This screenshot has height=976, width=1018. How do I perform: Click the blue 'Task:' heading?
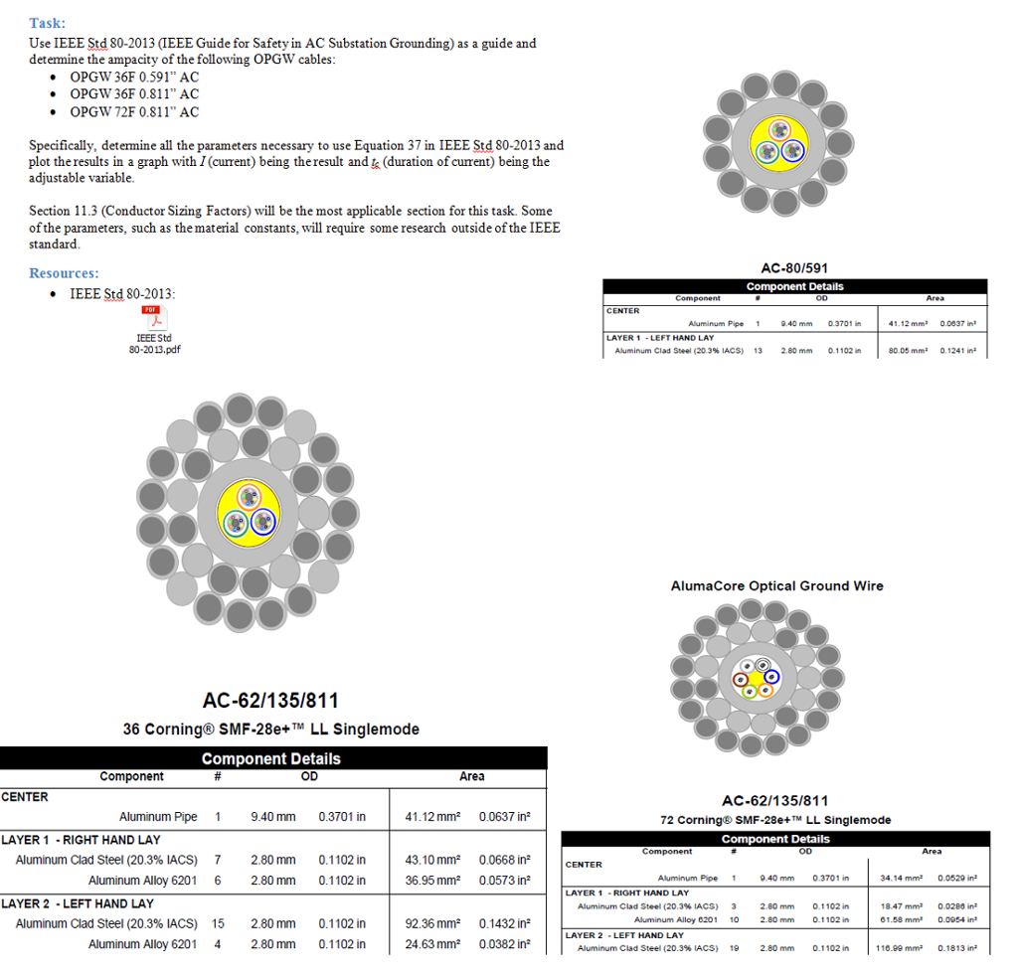49,22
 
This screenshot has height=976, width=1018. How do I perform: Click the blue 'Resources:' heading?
64,272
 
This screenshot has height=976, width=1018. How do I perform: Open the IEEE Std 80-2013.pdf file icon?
154,319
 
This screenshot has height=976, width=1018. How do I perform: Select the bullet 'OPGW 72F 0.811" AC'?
134,112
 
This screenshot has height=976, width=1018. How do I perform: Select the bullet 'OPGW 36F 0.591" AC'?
134,77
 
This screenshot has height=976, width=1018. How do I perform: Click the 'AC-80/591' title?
794,267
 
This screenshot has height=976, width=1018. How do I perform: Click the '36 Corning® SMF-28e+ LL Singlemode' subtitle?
270,729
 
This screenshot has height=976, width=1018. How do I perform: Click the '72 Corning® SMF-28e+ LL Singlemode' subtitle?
775,820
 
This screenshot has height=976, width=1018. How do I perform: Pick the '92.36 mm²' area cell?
432,923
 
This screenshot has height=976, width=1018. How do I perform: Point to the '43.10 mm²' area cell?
432,860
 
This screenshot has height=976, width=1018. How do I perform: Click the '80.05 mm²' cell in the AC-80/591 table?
907,350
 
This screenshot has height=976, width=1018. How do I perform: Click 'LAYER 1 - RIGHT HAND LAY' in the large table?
81,840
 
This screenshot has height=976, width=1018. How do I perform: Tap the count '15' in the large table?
218,923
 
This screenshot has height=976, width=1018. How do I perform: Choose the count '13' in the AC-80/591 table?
759,350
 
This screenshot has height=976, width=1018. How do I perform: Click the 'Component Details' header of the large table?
270,758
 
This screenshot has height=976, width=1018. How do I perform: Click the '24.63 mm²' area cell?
432,944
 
